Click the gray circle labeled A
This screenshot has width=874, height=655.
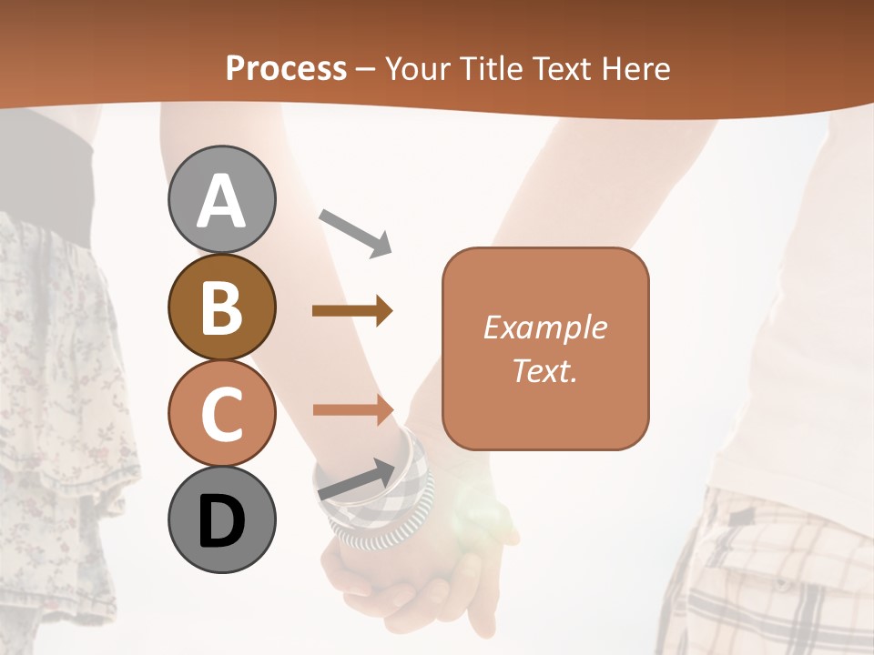tap(221, 199)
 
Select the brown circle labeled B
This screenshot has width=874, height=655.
tap(221, 307)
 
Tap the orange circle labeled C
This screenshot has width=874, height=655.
tap(221, 413)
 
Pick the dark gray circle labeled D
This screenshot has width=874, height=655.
tap(221, 520)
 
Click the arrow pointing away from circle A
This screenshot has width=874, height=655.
tap(355, 231)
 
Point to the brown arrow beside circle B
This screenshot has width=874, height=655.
tap(352, 311)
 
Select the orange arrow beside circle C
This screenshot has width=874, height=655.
tap(352, 409)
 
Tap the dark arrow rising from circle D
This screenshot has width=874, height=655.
tap(356, 479)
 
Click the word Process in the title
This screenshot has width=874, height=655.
tap(286, 69)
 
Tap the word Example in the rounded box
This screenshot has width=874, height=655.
tap(544, 327)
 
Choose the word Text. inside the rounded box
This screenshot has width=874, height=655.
tap(544, 370)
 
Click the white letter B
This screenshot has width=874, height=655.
tap(221, 307)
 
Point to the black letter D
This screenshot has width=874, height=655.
tap(221, 521)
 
